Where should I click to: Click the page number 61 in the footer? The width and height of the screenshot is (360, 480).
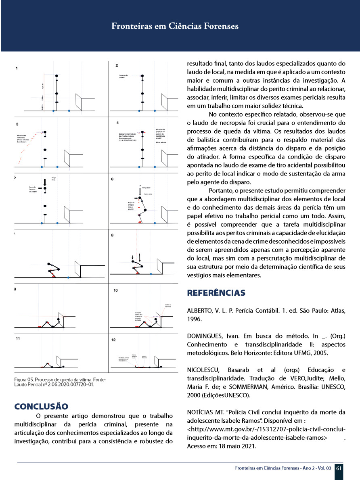point(339,468)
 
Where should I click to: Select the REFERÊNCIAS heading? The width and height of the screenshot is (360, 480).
point(216,293)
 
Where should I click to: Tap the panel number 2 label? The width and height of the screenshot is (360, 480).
point(117,65)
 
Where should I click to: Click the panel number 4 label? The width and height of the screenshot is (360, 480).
point(117,122)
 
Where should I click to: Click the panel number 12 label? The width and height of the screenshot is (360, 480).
point(114,340)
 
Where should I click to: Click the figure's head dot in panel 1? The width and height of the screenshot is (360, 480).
point(57,75)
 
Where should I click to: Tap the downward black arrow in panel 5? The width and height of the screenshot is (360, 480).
point(45,182)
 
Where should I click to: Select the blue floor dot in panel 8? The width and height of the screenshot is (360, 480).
point(151,273)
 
